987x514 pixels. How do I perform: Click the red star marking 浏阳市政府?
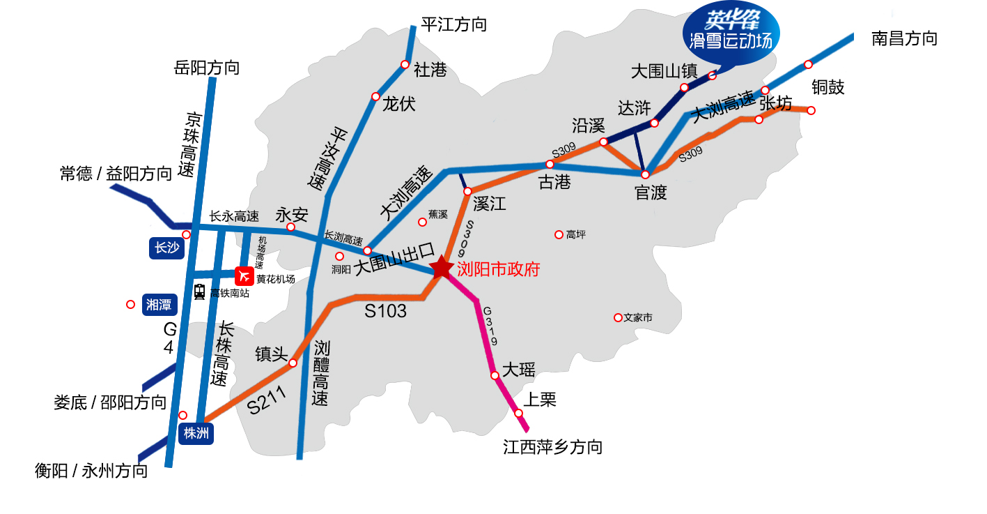tap(442, 267)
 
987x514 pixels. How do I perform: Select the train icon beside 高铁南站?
tap(200, 292)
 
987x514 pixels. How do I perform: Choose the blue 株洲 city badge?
tap(196, 433)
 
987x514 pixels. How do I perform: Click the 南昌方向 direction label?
tap(904, 38)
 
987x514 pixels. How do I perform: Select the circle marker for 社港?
tap(405, 64)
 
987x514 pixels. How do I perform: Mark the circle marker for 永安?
tap(291, 227)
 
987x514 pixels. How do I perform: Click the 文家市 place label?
tap(638, 317)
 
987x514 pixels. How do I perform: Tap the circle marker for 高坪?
tap(559, 234)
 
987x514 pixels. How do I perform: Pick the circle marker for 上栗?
tap(519, 413)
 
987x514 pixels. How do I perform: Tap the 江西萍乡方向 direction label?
tap(552, 447)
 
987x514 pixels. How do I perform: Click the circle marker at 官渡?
tap(646, 174)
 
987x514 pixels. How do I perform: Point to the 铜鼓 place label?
tap(828, 87)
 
